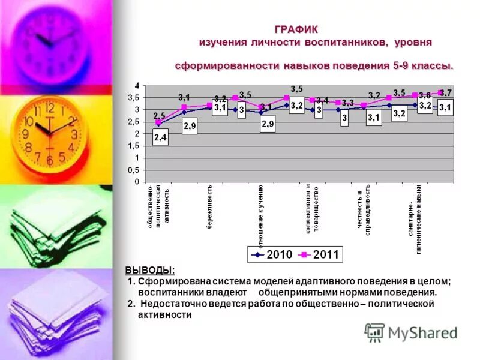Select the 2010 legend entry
pos(274,254)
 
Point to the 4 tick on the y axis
pos(136,85)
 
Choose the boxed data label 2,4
pos(160,138)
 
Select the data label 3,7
pos(445,93)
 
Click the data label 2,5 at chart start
pos(159,115)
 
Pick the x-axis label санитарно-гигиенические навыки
pos(414,225)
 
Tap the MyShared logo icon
pos(374,332)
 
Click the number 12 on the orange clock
pos(49,109)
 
